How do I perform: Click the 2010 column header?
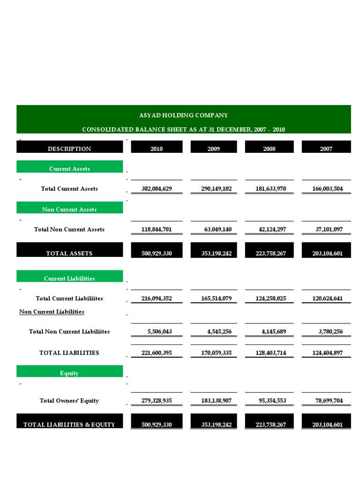coord(157,149)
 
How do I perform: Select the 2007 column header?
coord(326,149)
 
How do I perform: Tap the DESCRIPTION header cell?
coord(69,149)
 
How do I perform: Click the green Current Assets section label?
coord(69,169)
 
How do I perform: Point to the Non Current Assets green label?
coord(69,210)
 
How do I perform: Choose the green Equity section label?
coord(69,373)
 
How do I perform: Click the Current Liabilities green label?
coord(69,278)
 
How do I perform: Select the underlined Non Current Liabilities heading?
coord(52,311)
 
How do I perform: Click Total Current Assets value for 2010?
coord(157,189)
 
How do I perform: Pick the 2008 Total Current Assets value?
coord(269,189)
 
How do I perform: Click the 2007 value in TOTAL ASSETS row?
coord(327,254)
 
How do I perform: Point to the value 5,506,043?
coord(159,331)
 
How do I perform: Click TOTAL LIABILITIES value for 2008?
coord(269,352)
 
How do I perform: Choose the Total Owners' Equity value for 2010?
coord(157,401)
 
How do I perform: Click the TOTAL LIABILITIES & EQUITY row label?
coord(69,425)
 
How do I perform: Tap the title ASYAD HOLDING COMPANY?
coord(183,115)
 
